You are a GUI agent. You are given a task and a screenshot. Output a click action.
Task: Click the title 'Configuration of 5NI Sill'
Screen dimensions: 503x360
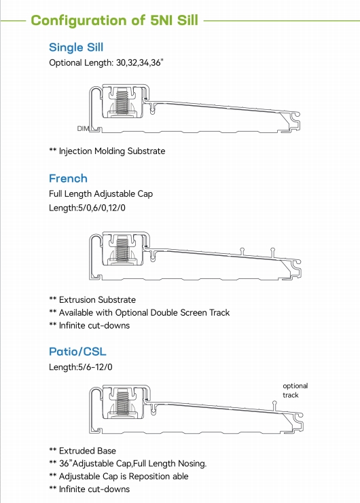click(x=115, y=20)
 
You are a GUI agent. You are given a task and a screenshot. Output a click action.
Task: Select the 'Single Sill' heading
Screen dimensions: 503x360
click(x=76, y=48)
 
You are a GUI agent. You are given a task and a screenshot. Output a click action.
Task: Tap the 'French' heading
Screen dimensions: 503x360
click(x=68, y=179)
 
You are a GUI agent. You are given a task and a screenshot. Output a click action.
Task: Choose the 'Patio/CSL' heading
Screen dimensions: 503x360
click(x=77, y=352)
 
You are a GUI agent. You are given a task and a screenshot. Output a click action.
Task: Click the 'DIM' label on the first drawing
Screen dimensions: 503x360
click(x=83, y=128)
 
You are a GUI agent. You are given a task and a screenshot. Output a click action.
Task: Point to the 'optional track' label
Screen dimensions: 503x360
click(x=295, y=390)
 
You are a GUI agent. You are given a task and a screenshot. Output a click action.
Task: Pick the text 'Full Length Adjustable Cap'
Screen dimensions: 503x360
click(x=101, y=194)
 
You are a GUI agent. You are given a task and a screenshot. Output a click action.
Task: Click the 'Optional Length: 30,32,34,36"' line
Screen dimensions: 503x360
click(x=107, y=63)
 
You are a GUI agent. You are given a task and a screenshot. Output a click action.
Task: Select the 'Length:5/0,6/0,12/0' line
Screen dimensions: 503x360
click(x=87, y=208)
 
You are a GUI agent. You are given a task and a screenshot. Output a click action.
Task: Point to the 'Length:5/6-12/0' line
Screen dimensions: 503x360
click(x=80, y=367)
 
